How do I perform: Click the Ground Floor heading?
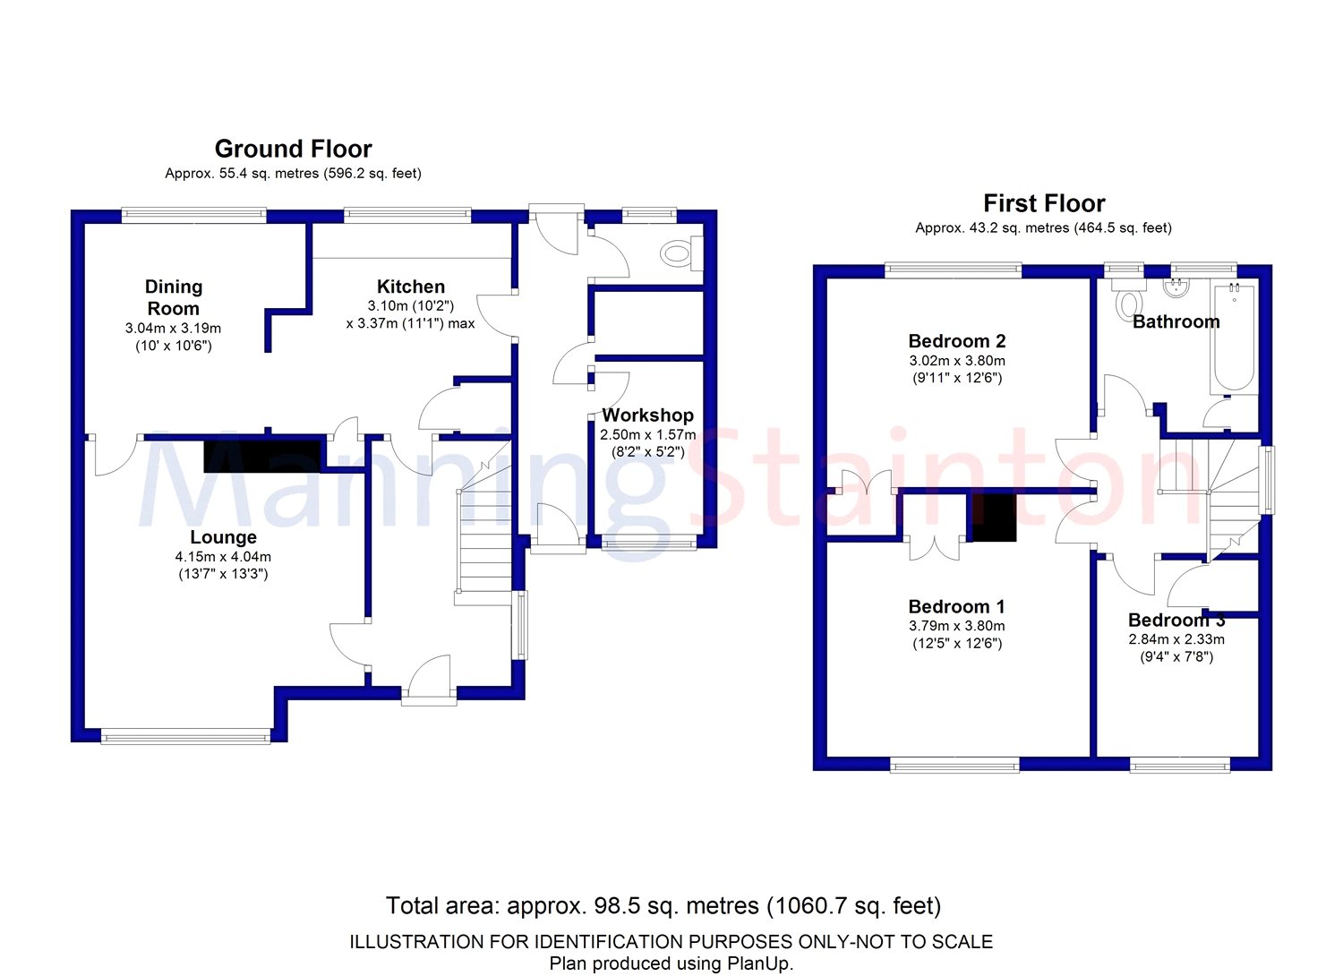[293, 149]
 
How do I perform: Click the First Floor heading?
[1044, 204]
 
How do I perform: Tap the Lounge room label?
[223, 537]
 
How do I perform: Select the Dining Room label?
[174, 297]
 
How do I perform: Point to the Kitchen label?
[411, 287]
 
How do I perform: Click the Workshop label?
[647, 415]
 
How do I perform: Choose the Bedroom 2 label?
[957, 341]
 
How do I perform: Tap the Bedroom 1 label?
[957, 606]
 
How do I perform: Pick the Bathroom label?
[1176, 322]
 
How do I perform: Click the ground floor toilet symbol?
[681, 254]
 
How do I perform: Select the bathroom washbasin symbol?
[1176, 288]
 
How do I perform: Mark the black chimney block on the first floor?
[994, 518]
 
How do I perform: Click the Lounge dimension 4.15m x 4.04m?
[223, 557]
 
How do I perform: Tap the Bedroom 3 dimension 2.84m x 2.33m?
[1176, 639]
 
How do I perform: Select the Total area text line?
[663, 906]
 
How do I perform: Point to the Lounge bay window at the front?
[186, 737]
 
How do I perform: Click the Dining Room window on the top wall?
[193, 215]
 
